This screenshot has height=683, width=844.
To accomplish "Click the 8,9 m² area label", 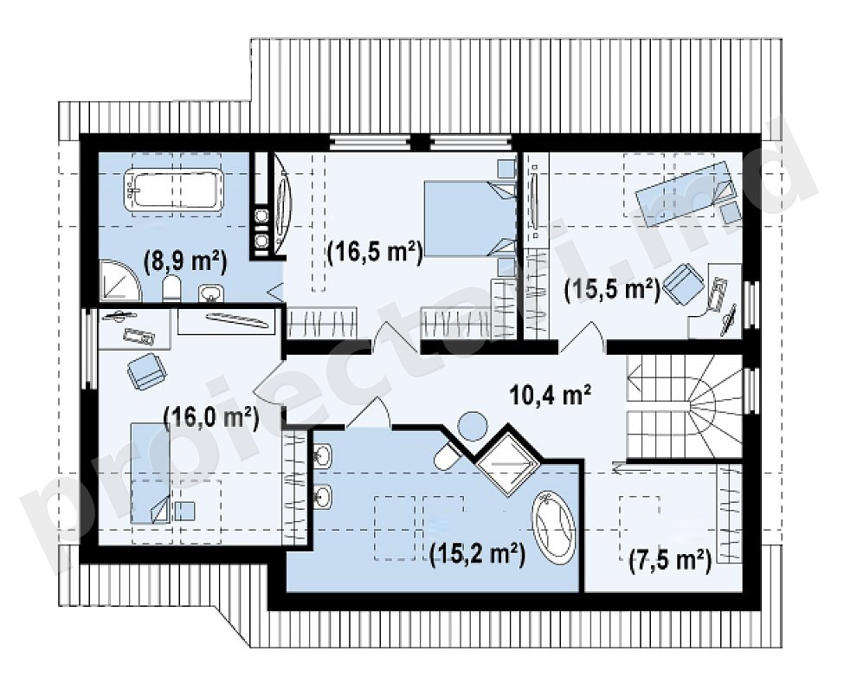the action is (x=185, y=262).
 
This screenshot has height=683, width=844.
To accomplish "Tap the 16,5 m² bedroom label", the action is (x=375, y=252).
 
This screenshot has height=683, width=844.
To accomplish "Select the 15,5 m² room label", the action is (x=612, y=291).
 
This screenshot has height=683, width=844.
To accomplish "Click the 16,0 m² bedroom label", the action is (x=210, y=417).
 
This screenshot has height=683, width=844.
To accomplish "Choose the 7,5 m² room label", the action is (x=670, y=560).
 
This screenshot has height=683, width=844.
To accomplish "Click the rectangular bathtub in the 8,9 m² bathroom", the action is (x=173, y=190).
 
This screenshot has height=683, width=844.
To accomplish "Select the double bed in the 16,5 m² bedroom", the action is (x=469, y=218).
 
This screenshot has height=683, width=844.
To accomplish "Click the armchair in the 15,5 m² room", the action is (x=684, y=282).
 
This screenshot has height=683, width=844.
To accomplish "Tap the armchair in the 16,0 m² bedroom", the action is (x=146, y=370).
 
